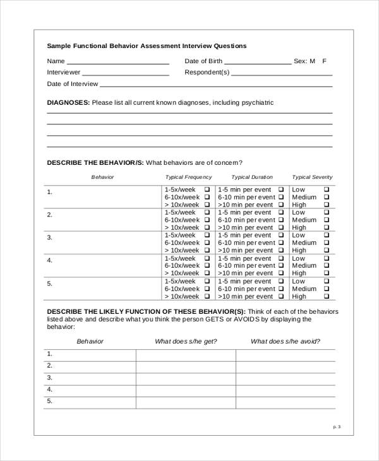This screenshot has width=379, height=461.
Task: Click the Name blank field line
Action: (x=117, y=63)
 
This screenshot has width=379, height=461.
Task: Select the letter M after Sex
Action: (x=312, y=61)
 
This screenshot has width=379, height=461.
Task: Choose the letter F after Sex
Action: (x=325, y=61)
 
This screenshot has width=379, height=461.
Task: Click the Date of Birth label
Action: (x=203, y=61)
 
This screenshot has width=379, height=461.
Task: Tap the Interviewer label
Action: (x=64, y=73)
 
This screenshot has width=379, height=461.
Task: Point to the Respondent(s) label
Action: (x=207, y=73)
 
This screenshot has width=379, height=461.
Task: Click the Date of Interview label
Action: (x=73, y=83)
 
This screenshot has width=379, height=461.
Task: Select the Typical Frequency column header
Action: (x=188, y=177)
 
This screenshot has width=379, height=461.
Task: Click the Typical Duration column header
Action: (x=252, y=177)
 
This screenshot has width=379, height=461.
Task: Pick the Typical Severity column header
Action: (x=312, y=177)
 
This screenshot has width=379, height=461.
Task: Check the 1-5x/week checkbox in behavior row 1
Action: (x=207, y=189)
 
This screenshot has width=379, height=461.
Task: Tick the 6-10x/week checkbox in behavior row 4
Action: (x=207, y=266)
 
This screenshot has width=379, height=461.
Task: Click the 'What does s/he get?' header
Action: (x=186, y=342)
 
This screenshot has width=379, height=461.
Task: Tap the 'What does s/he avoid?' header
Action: (x=285, y=342)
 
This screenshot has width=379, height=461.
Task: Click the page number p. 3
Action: (x=337, y=427)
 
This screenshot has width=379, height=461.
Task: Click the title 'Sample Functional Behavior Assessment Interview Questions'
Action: (x=147, y=46)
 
